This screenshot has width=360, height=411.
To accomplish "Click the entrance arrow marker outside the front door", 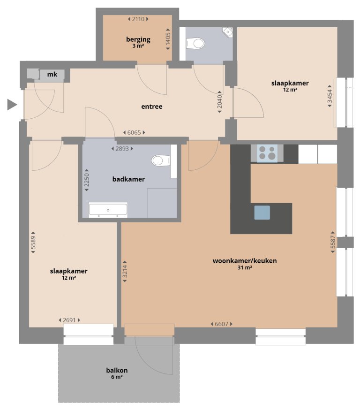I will tap(12, 105).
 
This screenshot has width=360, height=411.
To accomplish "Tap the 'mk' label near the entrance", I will tap(52, 74).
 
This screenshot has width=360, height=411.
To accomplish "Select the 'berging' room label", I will tap(138, 39).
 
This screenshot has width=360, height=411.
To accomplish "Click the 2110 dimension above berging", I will tap(138, 19).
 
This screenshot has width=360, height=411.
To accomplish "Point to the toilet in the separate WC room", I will tap(196, 44).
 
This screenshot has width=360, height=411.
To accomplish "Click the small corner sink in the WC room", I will tap(228, 31).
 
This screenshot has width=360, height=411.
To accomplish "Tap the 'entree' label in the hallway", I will tap(152, 107).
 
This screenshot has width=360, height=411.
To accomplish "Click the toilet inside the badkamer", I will tap(160, 161).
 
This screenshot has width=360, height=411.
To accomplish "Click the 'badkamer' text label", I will tap(128, 179).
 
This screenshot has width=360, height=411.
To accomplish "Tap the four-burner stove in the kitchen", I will tap(268, 153).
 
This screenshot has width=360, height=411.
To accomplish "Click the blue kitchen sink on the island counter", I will tap(262, 213).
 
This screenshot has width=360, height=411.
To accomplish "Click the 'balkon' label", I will tap(117, 370).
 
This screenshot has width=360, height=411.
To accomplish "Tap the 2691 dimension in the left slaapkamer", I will tap(69, 320).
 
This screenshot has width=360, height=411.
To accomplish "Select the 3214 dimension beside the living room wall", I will tap(125, 271).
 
